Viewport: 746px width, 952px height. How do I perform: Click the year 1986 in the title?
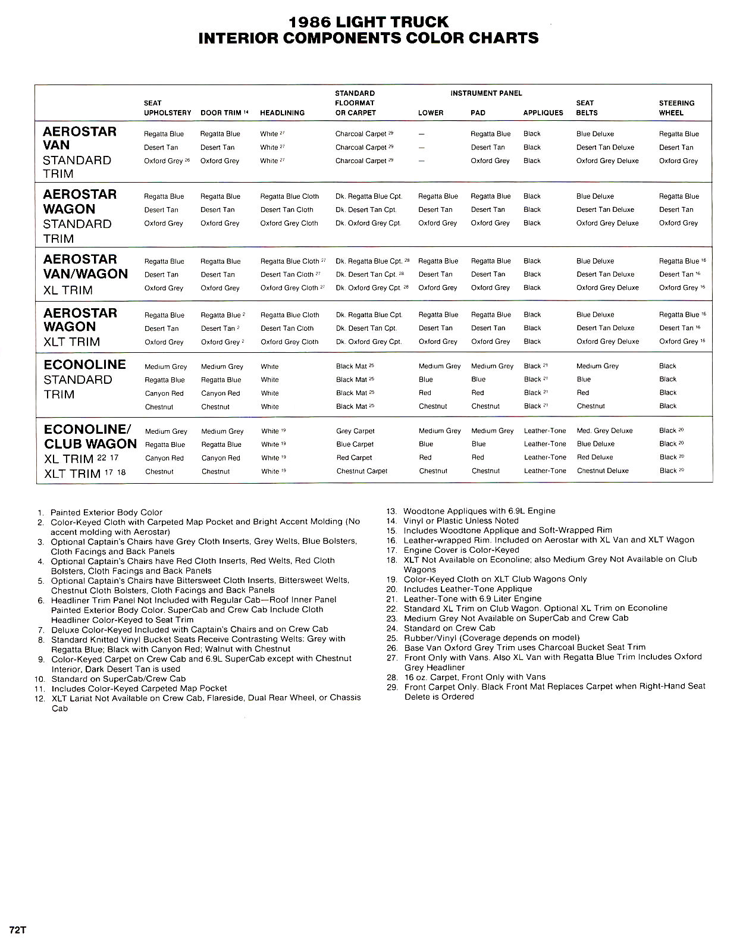click(x=309, y=22)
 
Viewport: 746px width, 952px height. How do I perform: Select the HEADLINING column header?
click(x=282, y=112)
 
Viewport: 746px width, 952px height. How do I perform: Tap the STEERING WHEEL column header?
click(x=676, y=108)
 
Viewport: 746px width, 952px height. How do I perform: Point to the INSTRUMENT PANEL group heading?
click(x=486, y=93)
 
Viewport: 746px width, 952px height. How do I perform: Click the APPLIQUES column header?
click(x=543, y=112)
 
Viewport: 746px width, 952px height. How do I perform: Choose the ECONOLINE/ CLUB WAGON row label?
click(x=90, y=437)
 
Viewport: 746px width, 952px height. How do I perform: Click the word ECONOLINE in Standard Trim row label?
click(x=84, y=365)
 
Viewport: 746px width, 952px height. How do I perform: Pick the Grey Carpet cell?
click(x=355, y=431)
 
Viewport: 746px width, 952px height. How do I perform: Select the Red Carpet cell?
click(x=354, y=458)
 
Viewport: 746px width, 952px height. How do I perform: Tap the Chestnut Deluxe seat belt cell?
click(x=602, y=471)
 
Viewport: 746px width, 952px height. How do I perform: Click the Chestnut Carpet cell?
click(x=362, y=471)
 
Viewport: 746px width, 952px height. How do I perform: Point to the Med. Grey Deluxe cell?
click(x=604, y=430)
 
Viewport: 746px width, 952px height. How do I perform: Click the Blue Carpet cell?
click(x=355, y=444)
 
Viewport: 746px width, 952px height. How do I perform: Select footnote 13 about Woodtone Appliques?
click(x=479, y=511)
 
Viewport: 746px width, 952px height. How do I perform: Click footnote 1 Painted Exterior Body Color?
click(x=106, y=512)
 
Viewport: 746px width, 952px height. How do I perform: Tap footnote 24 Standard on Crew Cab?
click(x=449, y=628)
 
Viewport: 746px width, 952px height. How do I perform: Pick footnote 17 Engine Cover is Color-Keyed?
click(x=461, y=550)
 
